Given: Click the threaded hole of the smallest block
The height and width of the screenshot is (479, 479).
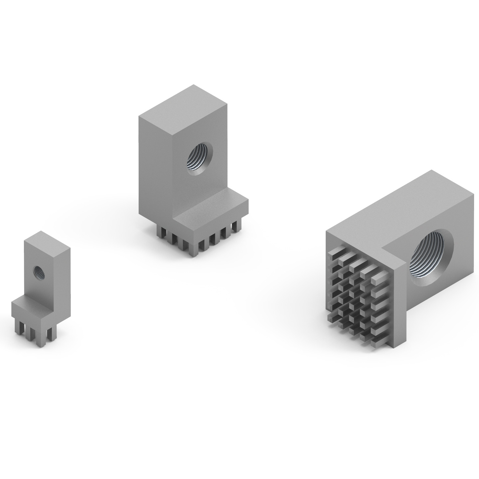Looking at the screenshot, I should tap(39, 272).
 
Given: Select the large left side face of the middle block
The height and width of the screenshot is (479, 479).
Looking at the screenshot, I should tap(155, 166).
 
